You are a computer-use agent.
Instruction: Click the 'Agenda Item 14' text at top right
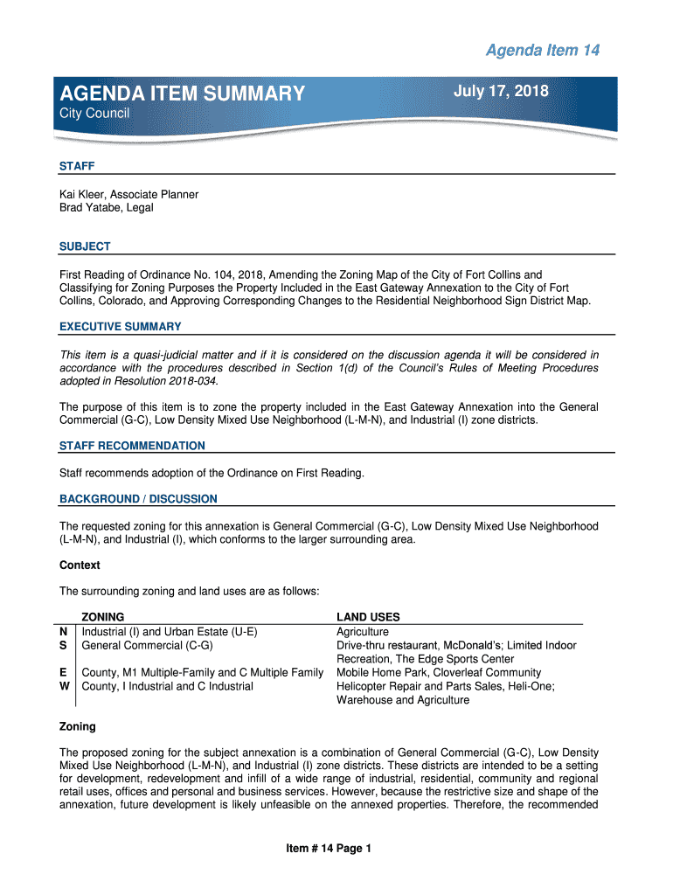[542, 51]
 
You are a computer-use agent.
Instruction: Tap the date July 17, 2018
[501, 91]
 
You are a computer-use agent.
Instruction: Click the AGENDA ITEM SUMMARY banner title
[182, 94]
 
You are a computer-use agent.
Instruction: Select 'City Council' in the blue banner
[94, 114]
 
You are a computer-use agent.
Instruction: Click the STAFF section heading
[77, 166]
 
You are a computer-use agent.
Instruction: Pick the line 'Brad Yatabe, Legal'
[106, 208]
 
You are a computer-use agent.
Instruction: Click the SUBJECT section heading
[85, 246]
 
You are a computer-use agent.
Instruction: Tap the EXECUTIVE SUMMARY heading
[120, 327]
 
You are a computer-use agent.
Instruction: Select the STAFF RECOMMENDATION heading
[132, 446]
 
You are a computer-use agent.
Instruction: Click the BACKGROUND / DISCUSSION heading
[138, 499]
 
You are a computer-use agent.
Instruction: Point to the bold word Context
[80, 565]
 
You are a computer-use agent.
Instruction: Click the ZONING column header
[103, 617]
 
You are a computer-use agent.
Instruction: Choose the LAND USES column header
[368, 617]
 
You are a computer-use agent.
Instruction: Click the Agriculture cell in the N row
[363, 631]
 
